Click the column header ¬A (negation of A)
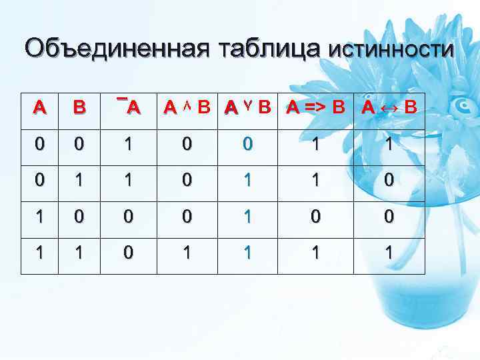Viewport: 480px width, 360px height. [x=129, y=107]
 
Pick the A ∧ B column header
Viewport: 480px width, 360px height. [x=187, y=107]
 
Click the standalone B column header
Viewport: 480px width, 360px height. [x=79, y=107]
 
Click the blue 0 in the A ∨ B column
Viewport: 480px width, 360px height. [x=247, y=144]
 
